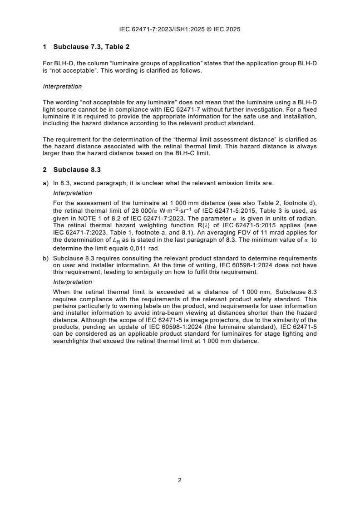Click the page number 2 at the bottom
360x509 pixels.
click(180, 480)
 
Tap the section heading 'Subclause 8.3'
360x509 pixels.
click(77, 170)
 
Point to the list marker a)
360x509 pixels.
click(45, 183)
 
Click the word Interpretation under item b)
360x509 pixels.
click(68, 281)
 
